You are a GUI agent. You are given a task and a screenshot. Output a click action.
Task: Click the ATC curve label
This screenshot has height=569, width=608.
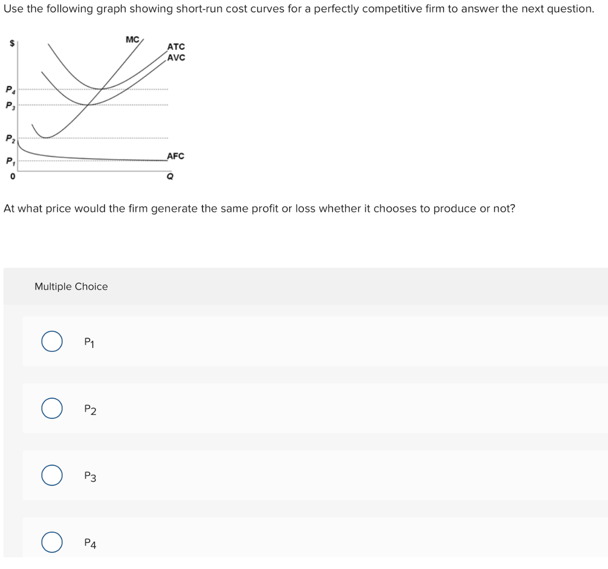click(x=176, y=47)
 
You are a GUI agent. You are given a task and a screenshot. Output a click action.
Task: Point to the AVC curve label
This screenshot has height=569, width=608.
click(x=176, y=58)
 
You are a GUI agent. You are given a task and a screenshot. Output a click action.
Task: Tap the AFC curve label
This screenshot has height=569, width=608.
click(x=175, y=156)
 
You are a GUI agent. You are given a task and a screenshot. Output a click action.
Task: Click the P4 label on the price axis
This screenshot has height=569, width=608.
click(x=9, y=90)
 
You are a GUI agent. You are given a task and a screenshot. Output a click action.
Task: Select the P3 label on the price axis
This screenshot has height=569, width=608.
click(x=9, y=106)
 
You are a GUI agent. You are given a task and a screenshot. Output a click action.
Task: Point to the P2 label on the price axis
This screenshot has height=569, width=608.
click(x=9, y=139)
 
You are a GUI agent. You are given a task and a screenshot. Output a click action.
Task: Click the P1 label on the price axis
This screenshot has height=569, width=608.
click(x=9, y=161)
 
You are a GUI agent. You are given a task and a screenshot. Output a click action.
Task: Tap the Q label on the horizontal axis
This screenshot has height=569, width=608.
click(x=170, y=176)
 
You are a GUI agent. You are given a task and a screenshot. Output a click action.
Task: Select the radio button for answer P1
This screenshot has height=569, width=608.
click(x=52, y=342)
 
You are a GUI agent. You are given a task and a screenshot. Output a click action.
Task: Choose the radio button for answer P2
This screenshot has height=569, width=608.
click(x=52, y=409)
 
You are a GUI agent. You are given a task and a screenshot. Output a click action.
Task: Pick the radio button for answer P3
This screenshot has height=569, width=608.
click(x=52, y=475)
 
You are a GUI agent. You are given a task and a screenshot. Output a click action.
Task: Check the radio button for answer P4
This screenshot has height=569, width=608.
click(x=52, y=542)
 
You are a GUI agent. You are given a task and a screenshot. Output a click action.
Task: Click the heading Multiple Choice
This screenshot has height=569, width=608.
click(x=71, y=287)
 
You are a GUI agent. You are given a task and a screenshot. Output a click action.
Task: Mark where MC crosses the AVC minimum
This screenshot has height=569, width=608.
click(x=88, y=105)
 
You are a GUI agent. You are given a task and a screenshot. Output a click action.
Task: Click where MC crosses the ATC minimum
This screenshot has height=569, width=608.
click(x=103, y=89)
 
